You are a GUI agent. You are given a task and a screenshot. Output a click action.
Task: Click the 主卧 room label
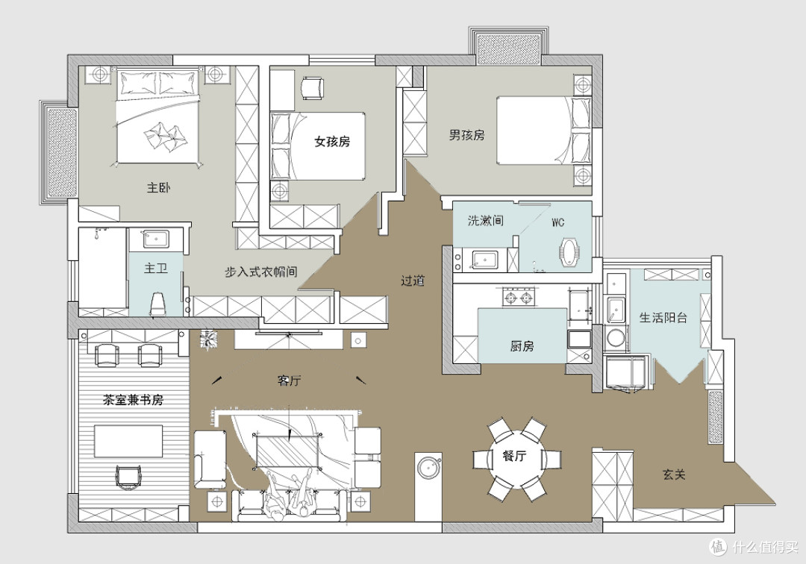point(158,187)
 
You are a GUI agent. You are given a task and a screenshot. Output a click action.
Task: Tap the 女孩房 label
point(332,141)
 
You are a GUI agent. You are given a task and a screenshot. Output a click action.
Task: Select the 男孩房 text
point(466,135)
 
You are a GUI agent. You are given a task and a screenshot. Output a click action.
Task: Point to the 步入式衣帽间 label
point(260,272)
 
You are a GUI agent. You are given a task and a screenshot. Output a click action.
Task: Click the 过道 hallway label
point(412,281)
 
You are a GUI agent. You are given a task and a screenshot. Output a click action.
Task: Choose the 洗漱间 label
point(485,220)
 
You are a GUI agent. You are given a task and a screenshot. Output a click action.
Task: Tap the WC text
point(557,222)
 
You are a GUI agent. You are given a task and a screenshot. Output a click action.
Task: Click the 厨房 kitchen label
point(522,346)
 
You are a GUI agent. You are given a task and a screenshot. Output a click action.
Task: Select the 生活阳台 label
point(663,318)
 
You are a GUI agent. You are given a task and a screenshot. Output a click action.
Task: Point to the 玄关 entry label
point(673,474)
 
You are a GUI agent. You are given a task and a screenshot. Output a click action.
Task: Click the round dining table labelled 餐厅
point(516,457)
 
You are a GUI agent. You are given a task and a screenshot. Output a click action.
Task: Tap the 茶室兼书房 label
point(133,400)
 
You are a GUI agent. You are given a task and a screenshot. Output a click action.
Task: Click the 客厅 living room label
point(289,380)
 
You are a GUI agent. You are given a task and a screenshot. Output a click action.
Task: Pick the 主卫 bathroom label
point(156,268)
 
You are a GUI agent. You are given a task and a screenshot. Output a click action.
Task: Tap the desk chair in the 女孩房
point(312,88)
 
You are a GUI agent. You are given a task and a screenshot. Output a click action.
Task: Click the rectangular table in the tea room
point(128,441)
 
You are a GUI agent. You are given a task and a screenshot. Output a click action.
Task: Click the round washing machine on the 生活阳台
point(615,338)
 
